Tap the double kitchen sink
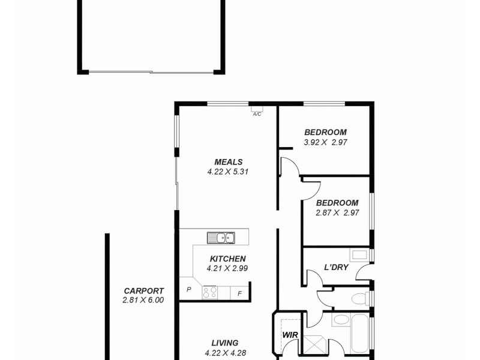click(221, 238)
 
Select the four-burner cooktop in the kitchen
click(210, 293)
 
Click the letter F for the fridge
click(240, 293)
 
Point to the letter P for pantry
click(188, 289)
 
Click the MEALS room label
click(229, 161)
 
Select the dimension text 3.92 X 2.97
click(326, 143)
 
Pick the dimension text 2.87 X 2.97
click(337, 212)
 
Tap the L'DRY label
click(336, 267)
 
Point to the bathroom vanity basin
click(341, 319)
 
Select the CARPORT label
click(143, 290)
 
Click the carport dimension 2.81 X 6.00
click(143, 300)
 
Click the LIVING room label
click(221, 343)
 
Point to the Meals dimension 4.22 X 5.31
click(227, 171)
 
